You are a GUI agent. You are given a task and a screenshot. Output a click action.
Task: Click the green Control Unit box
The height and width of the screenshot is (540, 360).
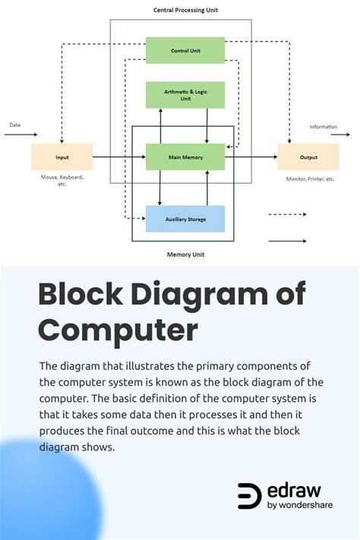(185, 50)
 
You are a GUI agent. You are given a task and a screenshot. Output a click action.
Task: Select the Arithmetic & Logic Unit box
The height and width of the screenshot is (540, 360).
(185, 94)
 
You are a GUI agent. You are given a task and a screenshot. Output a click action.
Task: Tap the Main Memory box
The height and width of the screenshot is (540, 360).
(185, 156)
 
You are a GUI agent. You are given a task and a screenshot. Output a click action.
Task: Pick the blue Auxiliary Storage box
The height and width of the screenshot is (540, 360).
(185, 219)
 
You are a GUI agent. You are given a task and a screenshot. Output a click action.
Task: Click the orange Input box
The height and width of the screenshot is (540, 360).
(62, 156)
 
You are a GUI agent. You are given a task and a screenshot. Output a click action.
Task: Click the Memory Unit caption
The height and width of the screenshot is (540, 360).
(185, 254)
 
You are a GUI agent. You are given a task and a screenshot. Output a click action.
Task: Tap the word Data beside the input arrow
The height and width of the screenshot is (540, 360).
(15, 125)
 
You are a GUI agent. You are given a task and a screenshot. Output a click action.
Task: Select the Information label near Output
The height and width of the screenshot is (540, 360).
(324, 127)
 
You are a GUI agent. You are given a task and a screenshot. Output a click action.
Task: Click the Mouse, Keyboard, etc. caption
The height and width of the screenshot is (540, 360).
(62, 180)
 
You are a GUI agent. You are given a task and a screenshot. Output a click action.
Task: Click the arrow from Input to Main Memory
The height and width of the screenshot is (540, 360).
(118, 157)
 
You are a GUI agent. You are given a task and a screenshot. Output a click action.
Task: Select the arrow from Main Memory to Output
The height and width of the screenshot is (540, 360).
(251, 157)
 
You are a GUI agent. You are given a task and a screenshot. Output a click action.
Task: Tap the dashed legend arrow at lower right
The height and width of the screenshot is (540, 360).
(287, 215)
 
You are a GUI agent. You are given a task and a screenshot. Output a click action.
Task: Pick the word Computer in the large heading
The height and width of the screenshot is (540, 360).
(118, 331)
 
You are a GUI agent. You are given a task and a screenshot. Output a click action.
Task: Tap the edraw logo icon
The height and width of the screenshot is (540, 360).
(249, 495)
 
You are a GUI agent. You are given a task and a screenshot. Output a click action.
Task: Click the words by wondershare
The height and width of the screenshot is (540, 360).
(300, 505)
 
